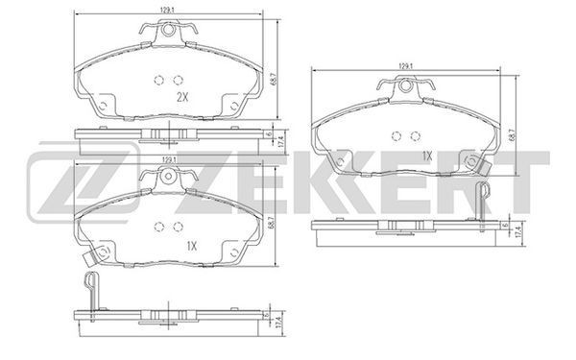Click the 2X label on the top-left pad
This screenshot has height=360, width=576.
click(x=182, y=97)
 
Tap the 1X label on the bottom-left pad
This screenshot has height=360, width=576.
click(x=191, y=246)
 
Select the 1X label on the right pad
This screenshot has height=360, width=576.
click(x=427, y=156)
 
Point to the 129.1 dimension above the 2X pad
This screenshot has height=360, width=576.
click(x=166, y=11)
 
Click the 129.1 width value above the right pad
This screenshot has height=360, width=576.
click(x=404, y=66)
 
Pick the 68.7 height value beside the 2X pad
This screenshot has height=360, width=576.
click(x=273, y=79)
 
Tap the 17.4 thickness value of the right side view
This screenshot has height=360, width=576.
click(x=518, y=232)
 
